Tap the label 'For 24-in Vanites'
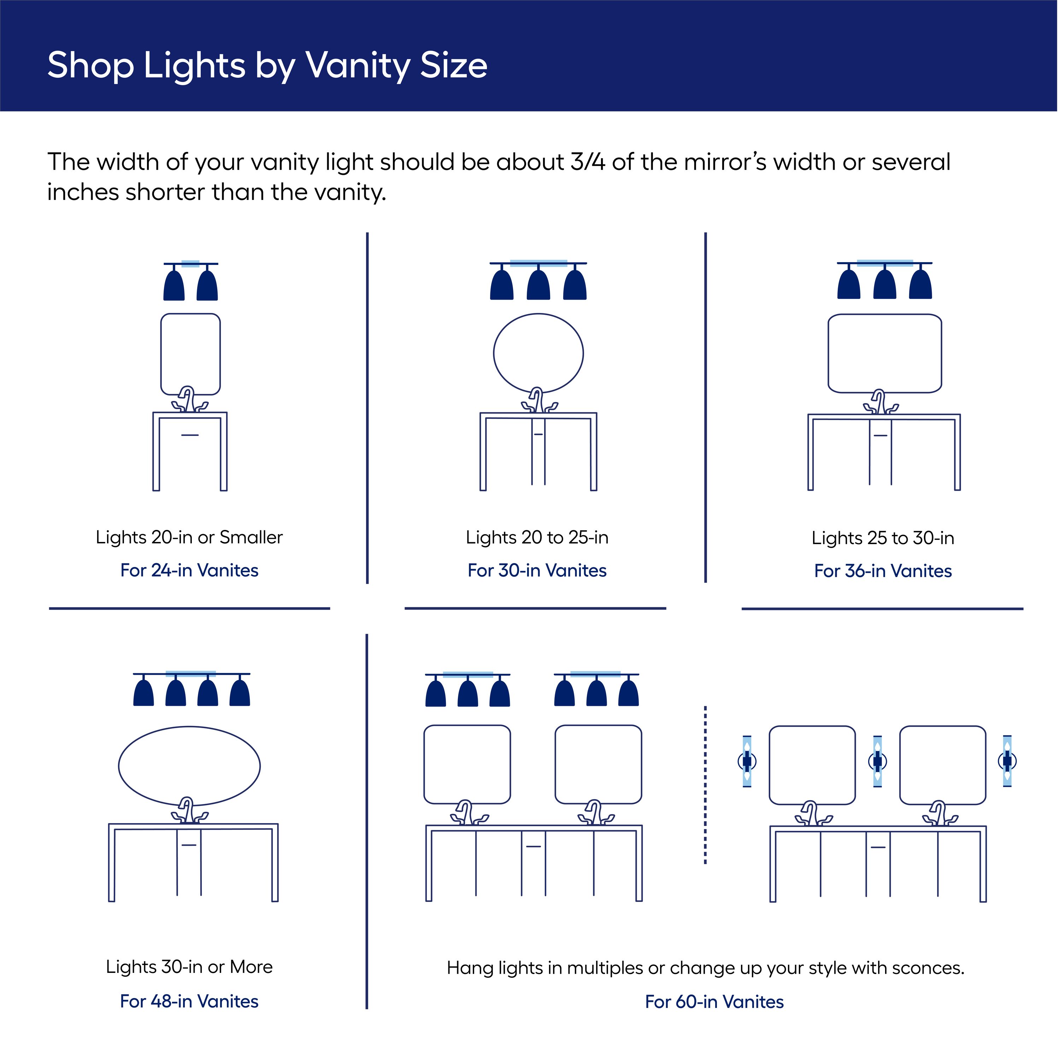coord(189,571)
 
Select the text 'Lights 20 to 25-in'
coord(537,538)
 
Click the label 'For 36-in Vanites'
coord(883,571)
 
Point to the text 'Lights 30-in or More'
coord(189,967)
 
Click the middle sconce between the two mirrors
coord(877,761)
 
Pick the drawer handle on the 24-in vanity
coord(190,435)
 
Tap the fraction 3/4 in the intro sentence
coord(588,163)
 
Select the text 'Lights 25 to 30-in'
coord(883,538)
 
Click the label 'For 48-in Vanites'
coord(189,1002)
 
